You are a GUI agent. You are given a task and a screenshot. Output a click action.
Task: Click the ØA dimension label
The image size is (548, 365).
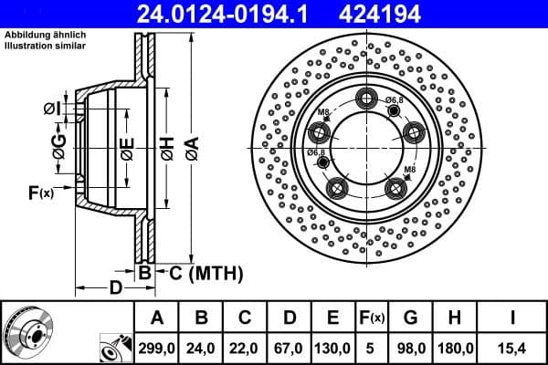(x=190, y=148)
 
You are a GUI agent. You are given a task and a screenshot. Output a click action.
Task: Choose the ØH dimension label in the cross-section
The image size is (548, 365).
(x=167, y=148)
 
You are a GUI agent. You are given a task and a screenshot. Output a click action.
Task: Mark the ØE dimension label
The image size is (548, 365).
(x=128, y=148)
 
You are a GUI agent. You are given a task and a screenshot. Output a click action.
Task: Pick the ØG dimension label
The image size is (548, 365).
(x=59, y=148)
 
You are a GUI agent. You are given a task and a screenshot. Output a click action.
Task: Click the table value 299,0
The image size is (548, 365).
(x=152, y=349)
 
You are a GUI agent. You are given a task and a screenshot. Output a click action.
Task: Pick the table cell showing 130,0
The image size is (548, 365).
(x=332, y=349)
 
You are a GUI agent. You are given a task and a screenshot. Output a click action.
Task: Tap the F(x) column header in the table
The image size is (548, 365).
(x=373, y=318)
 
